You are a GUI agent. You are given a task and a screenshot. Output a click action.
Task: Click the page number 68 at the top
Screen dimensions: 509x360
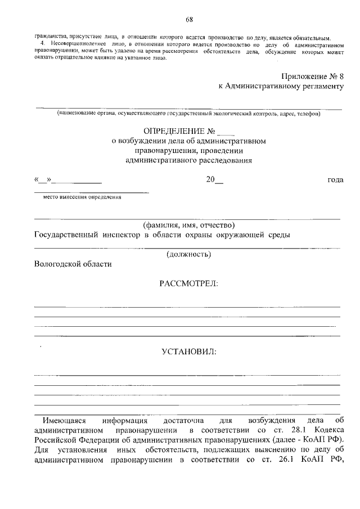click(x=189, y=20)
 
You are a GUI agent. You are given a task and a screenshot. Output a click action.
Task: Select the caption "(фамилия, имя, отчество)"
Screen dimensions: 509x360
click(x=188, y=224)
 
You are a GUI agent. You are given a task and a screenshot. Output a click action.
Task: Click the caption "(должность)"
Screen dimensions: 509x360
click(x=188, y=254)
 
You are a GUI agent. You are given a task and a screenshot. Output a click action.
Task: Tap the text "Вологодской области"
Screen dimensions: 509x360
click(x=73, y=264)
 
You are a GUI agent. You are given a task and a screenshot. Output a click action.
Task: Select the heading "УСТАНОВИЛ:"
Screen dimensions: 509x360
click(x=188, y=352)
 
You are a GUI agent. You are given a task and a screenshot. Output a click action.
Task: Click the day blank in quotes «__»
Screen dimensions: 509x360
click(x=43, y=180)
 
